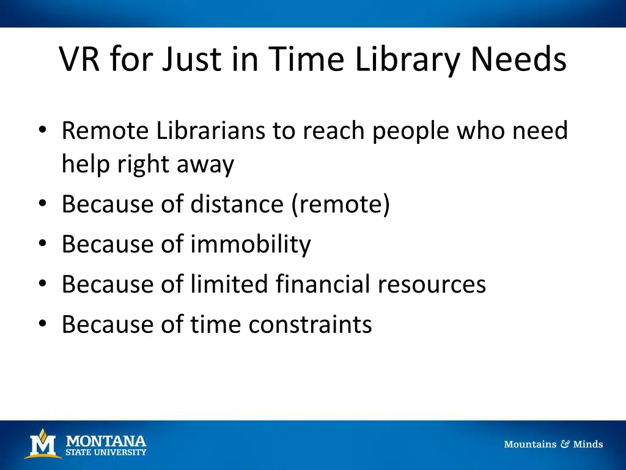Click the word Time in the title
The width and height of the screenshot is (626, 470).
[298, 60]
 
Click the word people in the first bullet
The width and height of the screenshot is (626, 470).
[408, 130]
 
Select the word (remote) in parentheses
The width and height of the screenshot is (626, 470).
[341, 204]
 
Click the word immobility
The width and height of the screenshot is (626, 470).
[250, 244]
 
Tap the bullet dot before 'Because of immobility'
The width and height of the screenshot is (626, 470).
[42, 245]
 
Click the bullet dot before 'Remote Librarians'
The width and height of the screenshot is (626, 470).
[42, 131]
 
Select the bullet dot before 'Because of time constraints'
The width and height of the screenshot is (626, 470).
[42, 324]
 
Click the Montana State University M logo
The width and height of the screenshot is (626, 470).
[42, 444]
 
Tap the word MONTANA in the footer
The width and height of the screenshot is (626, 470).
[106, 441]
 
